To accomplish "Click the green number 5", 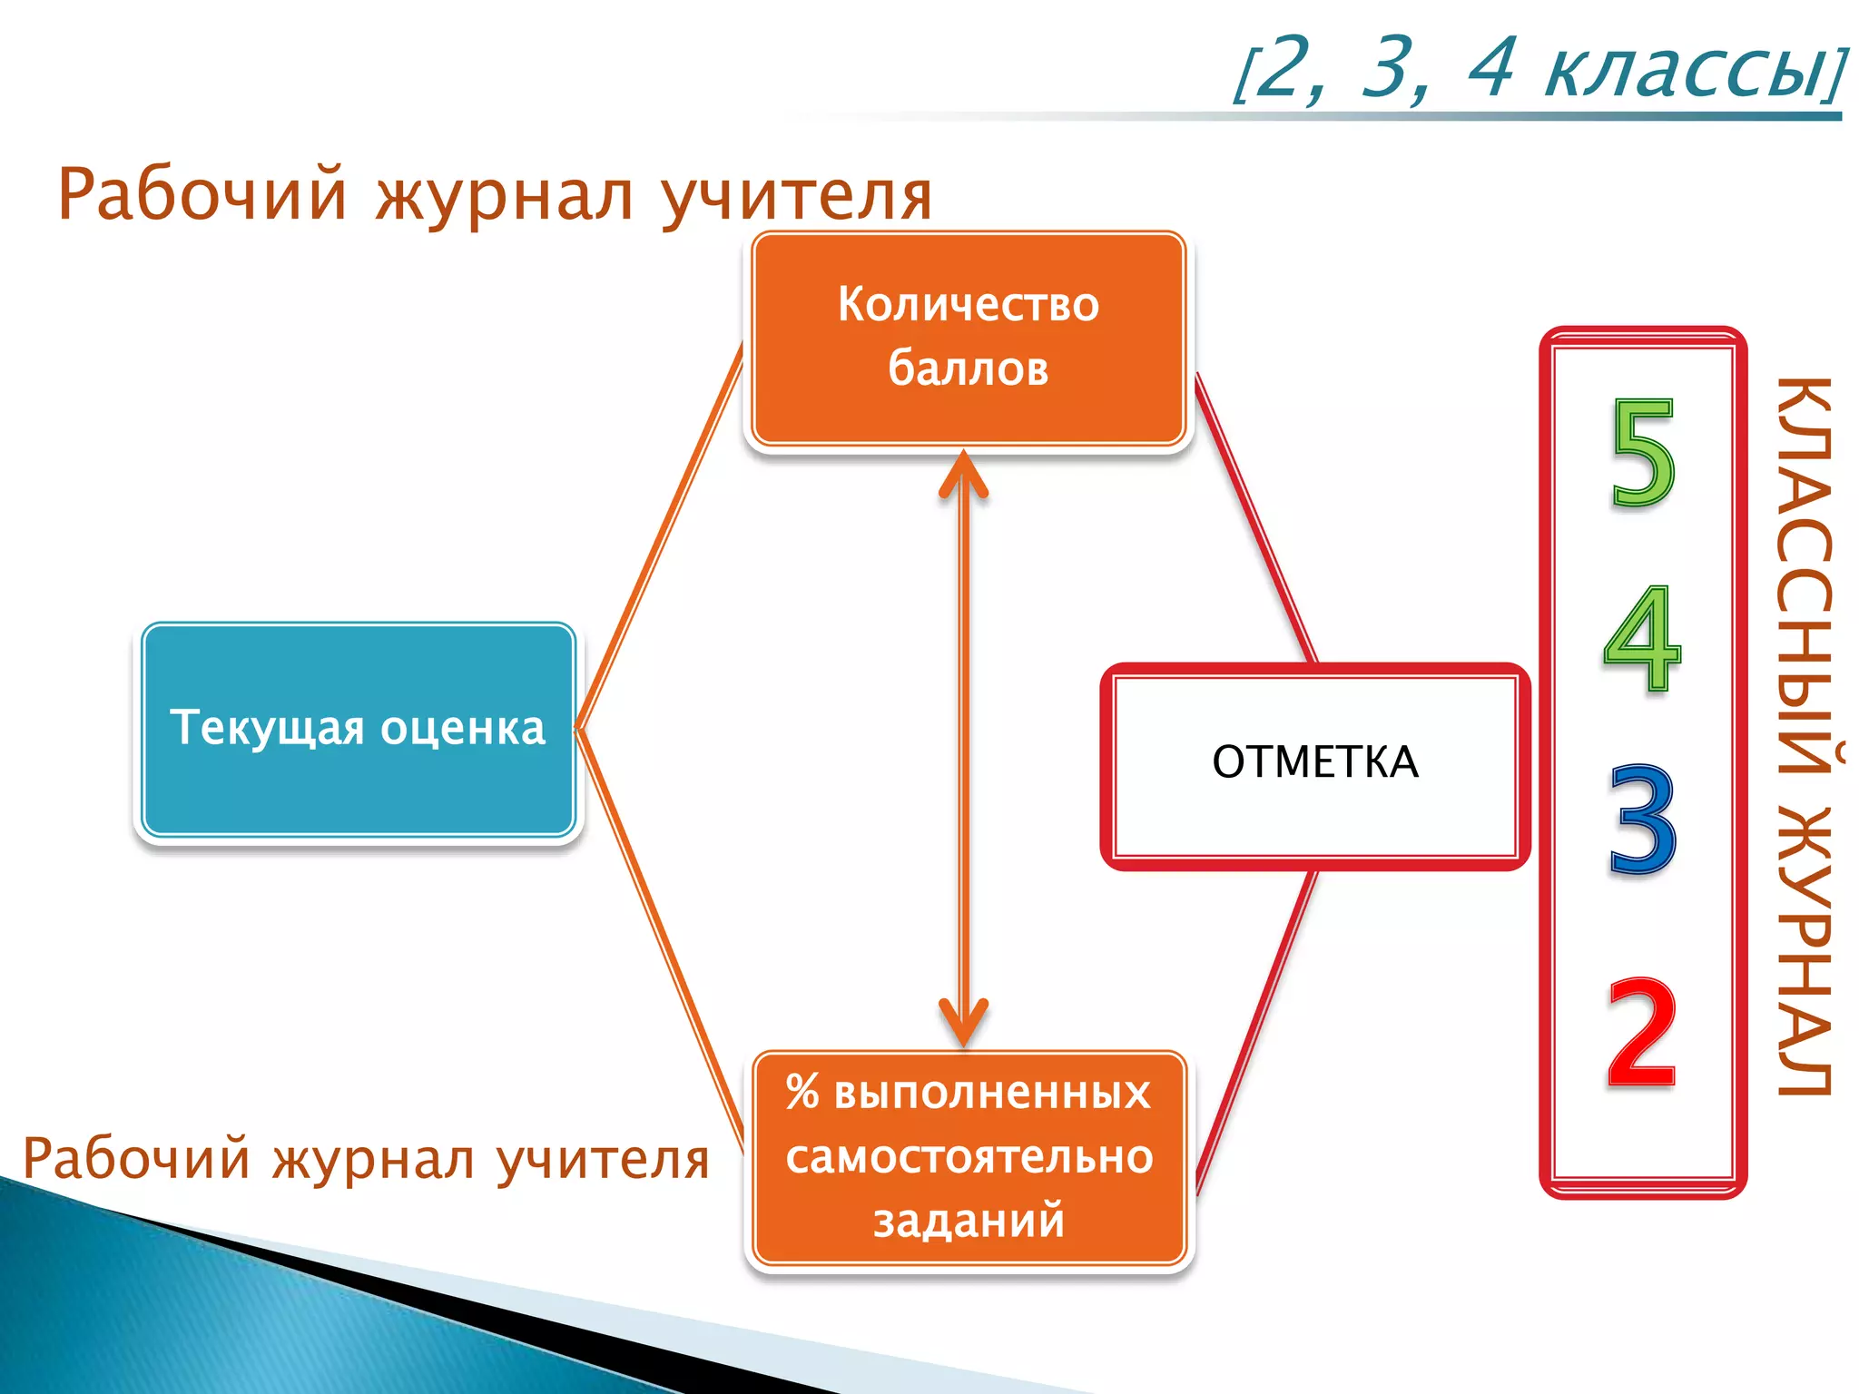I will click(x=1642, y=454).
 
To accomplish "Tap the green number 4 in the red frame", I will click(x=1642, y=639).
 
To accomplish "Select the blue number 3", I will click(x=1642, y=820).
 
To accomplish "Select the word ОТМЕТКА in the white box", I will click(x=1314, y=762).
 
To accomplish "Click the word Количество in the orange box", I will click(x=968, y=305).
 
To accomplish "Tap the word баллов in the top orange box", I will click(x=968, y=369).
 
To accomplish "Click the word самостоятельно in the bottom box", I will click(x=969, y=1158).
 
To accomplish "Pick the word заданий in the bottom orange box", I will click(x=969, y=1221).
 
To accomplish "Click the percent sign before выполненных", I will click(x=802, y=1092).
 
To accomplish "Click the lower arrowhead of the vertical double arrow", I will click(x=963, y=1026).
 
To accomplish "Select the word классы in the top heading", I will click(x=1688, y=71).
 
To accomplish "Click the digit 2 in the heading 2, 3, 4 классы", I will click(x=1287, y=67).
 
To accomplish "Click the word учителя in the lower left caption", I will click(x=603, y=1161).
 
